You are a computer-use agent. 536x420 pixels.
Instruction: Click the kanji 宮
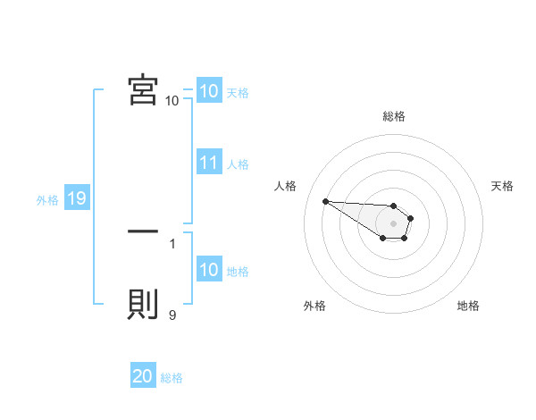click(143, 90)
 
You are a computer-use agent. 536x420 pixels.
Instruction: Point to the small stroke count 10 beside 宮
click(172, 101)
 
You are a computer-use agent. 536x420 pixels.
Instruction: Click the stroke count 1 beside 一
click(172, 243)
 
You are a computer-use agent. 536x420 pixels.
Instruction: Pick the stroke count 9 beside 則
click(172, 315)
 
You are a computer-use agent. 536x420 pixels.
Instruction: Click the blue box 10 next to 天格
click(208, 91)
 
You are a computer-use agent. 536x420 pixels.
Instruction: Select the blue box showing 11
click(208, 164)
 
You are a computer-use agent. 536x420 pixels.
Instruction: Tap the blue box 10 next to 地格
click(208, 271)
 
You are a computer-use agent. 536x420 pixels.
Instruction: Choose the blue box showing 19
click(77, 199)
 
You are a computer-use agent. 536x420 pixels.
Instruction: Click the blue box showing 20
click(143, 377)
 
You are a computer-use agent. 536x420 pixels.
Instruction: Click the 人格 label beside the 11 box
click(238, 164)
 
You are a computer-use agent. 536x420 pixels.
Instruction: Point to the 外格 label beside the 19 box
click(47, 200)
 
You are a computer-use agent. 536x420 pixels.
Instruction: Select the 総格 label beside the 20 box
click(172, 378)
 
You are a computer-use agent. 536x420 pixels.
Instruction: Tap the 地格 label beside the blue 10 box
click(238, 272)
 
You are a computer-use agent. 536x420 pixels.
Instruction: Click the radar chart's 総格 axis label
click(394, 116)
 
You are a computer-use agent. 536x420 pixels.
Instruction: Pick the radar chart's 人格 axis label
click(285, 186)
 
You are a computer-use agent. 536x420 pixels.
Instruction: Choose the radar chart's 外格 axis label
click(314, 306)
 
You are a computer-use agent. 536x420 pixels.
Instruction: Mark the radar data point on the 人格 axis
click(325, 201)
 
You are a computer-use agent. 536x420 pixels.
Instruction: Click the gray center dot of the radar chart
click(394, 223)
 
